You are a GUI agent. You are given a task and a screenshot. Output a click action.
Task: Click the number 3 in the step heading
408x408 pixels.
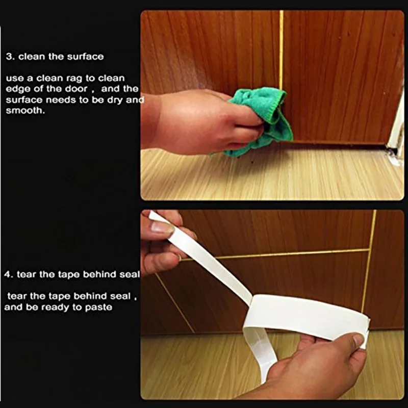[x=9, y=57]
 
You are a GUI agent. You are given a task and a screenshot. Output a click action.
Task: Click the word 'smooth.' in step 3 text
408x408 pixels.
[x=25, y=110]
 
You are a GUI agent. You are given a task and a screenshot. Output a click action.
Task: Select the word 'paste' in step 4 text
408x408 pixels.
[x=98, y=308]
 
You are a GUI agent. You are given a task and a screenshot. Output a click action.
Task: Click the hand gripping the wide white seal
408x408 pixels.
[x=320, y=367]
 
